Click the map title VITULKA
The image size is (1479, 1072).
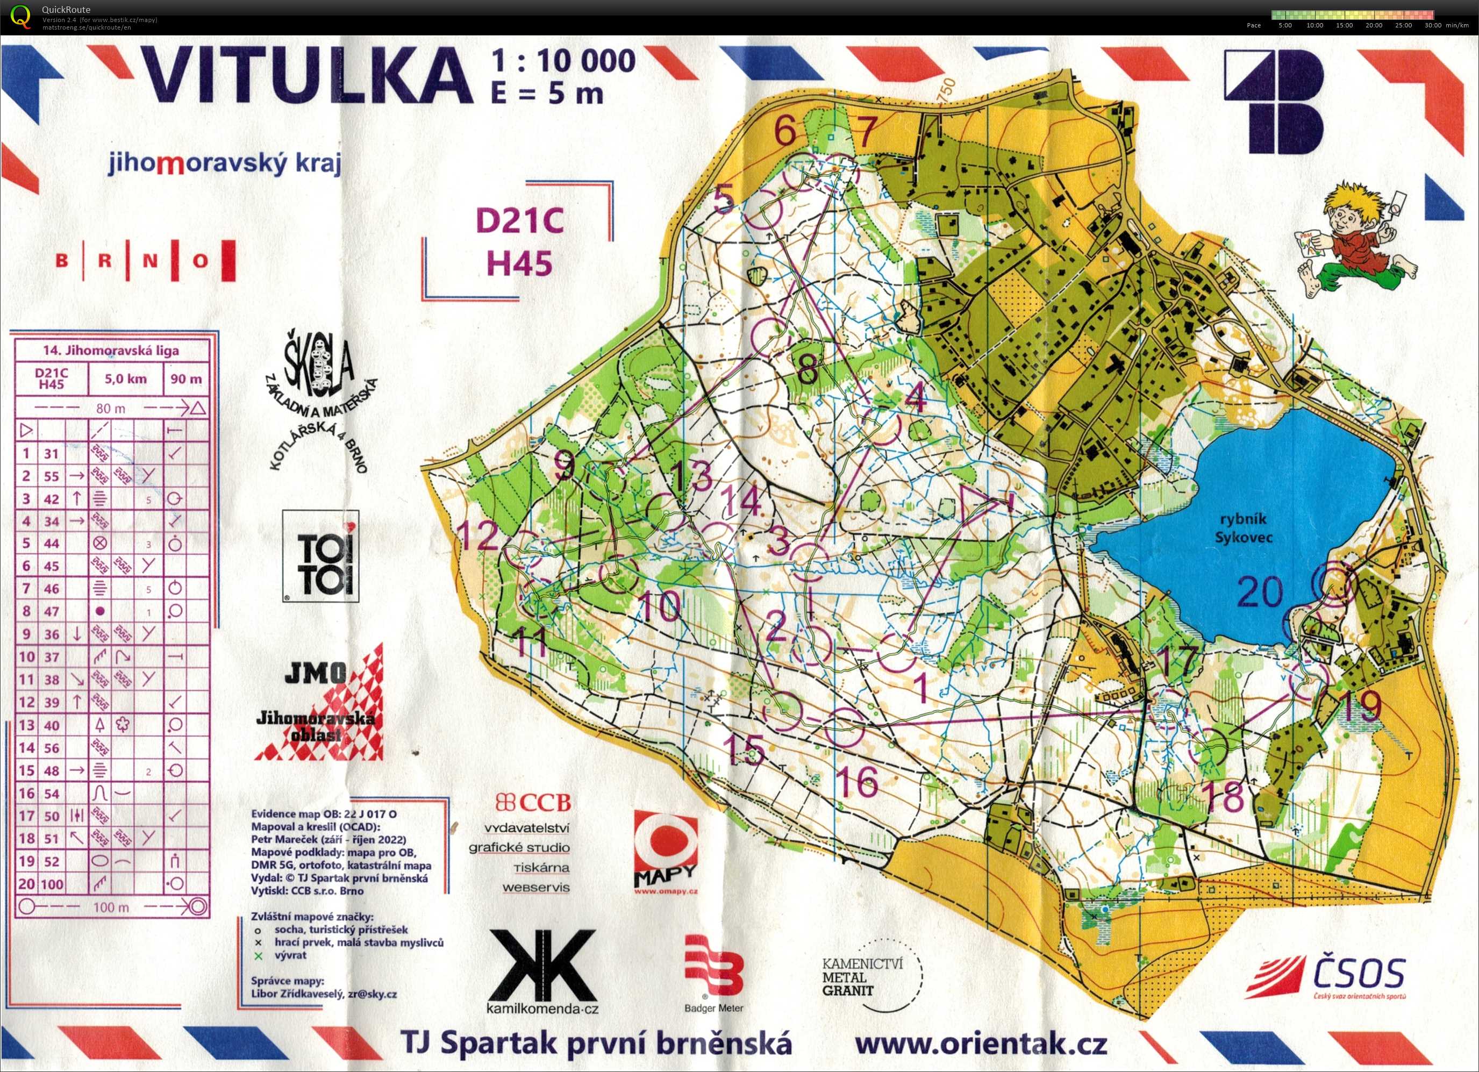(306, 77)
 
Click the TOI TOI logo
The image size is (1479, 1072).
(321, 557)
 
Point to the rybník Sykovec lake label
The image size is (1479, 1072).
(1243, 528)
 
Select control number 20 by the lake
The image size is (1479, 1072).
(1260, 592)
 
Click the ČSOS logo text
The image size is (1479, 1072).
(1359, 974)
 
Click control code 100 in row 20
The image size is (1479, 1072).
(52, 884)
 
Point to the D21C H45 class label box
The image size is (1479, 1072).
(519, 241)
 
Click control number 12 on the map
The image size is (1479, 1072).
(480, 536)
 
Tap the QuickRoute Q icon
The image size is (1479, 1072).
(20, 16)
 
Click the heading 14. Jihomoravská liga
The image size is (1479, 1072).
(111, 350)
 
